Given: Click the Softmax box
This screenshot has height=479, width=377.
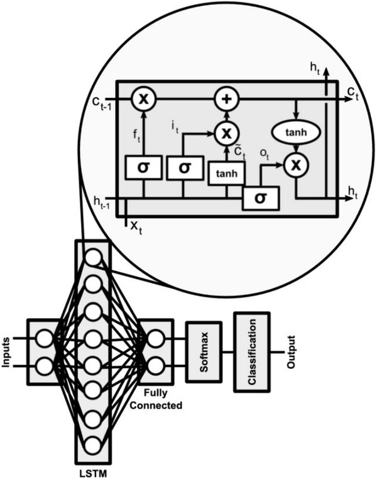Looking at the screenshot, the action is [204, 352].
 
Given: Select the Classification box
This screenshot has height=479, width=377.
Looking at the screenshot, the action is [252, 352].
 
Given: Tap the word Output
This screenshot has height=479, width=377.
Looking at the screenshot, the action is [291, 352].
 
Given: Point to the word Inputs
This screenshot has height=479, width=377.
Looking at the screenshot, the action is [6, 352].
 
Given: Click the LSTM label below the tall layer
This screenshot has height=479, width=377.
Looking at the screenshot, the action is [94, 473].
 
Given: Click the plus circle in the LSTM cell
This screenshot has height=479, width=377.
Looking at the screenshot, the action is [226, 99].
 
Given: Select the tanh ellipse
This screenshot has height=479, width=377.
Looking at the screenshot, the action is [296, 132].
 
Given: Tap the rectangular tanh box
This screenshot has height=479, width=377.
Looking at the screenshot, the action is [226, 173].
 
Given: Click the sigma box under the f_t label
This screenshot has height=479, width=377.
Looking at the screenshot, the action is [143, 167].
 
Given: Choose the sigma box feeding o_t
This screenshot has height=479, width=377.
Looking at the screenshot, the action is [260, 198].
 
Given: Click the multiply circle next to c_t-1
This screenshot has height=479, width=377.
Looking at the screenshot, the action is [144, 99].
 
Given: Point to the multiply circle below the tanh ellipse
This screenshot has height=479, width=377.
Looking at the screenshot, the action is [296, 165].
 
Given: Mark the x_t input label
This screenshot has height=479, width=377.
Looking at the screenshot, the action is [136, 227].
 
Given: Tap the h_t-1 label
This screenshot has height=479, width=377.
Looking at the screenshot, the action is [102, 202].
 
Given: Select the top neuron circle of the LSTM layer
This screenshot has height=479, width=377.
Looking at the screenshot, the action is [94, 257].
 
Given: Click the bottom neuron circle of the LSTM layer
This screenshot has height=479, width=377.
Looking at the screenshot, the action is [94, 446].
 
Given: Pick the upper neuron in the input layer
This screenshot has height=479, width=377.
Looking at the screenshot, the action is [45, 338].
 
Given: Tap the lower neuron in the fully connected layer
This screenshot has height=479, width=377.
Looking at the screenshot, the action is [156, 365].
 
